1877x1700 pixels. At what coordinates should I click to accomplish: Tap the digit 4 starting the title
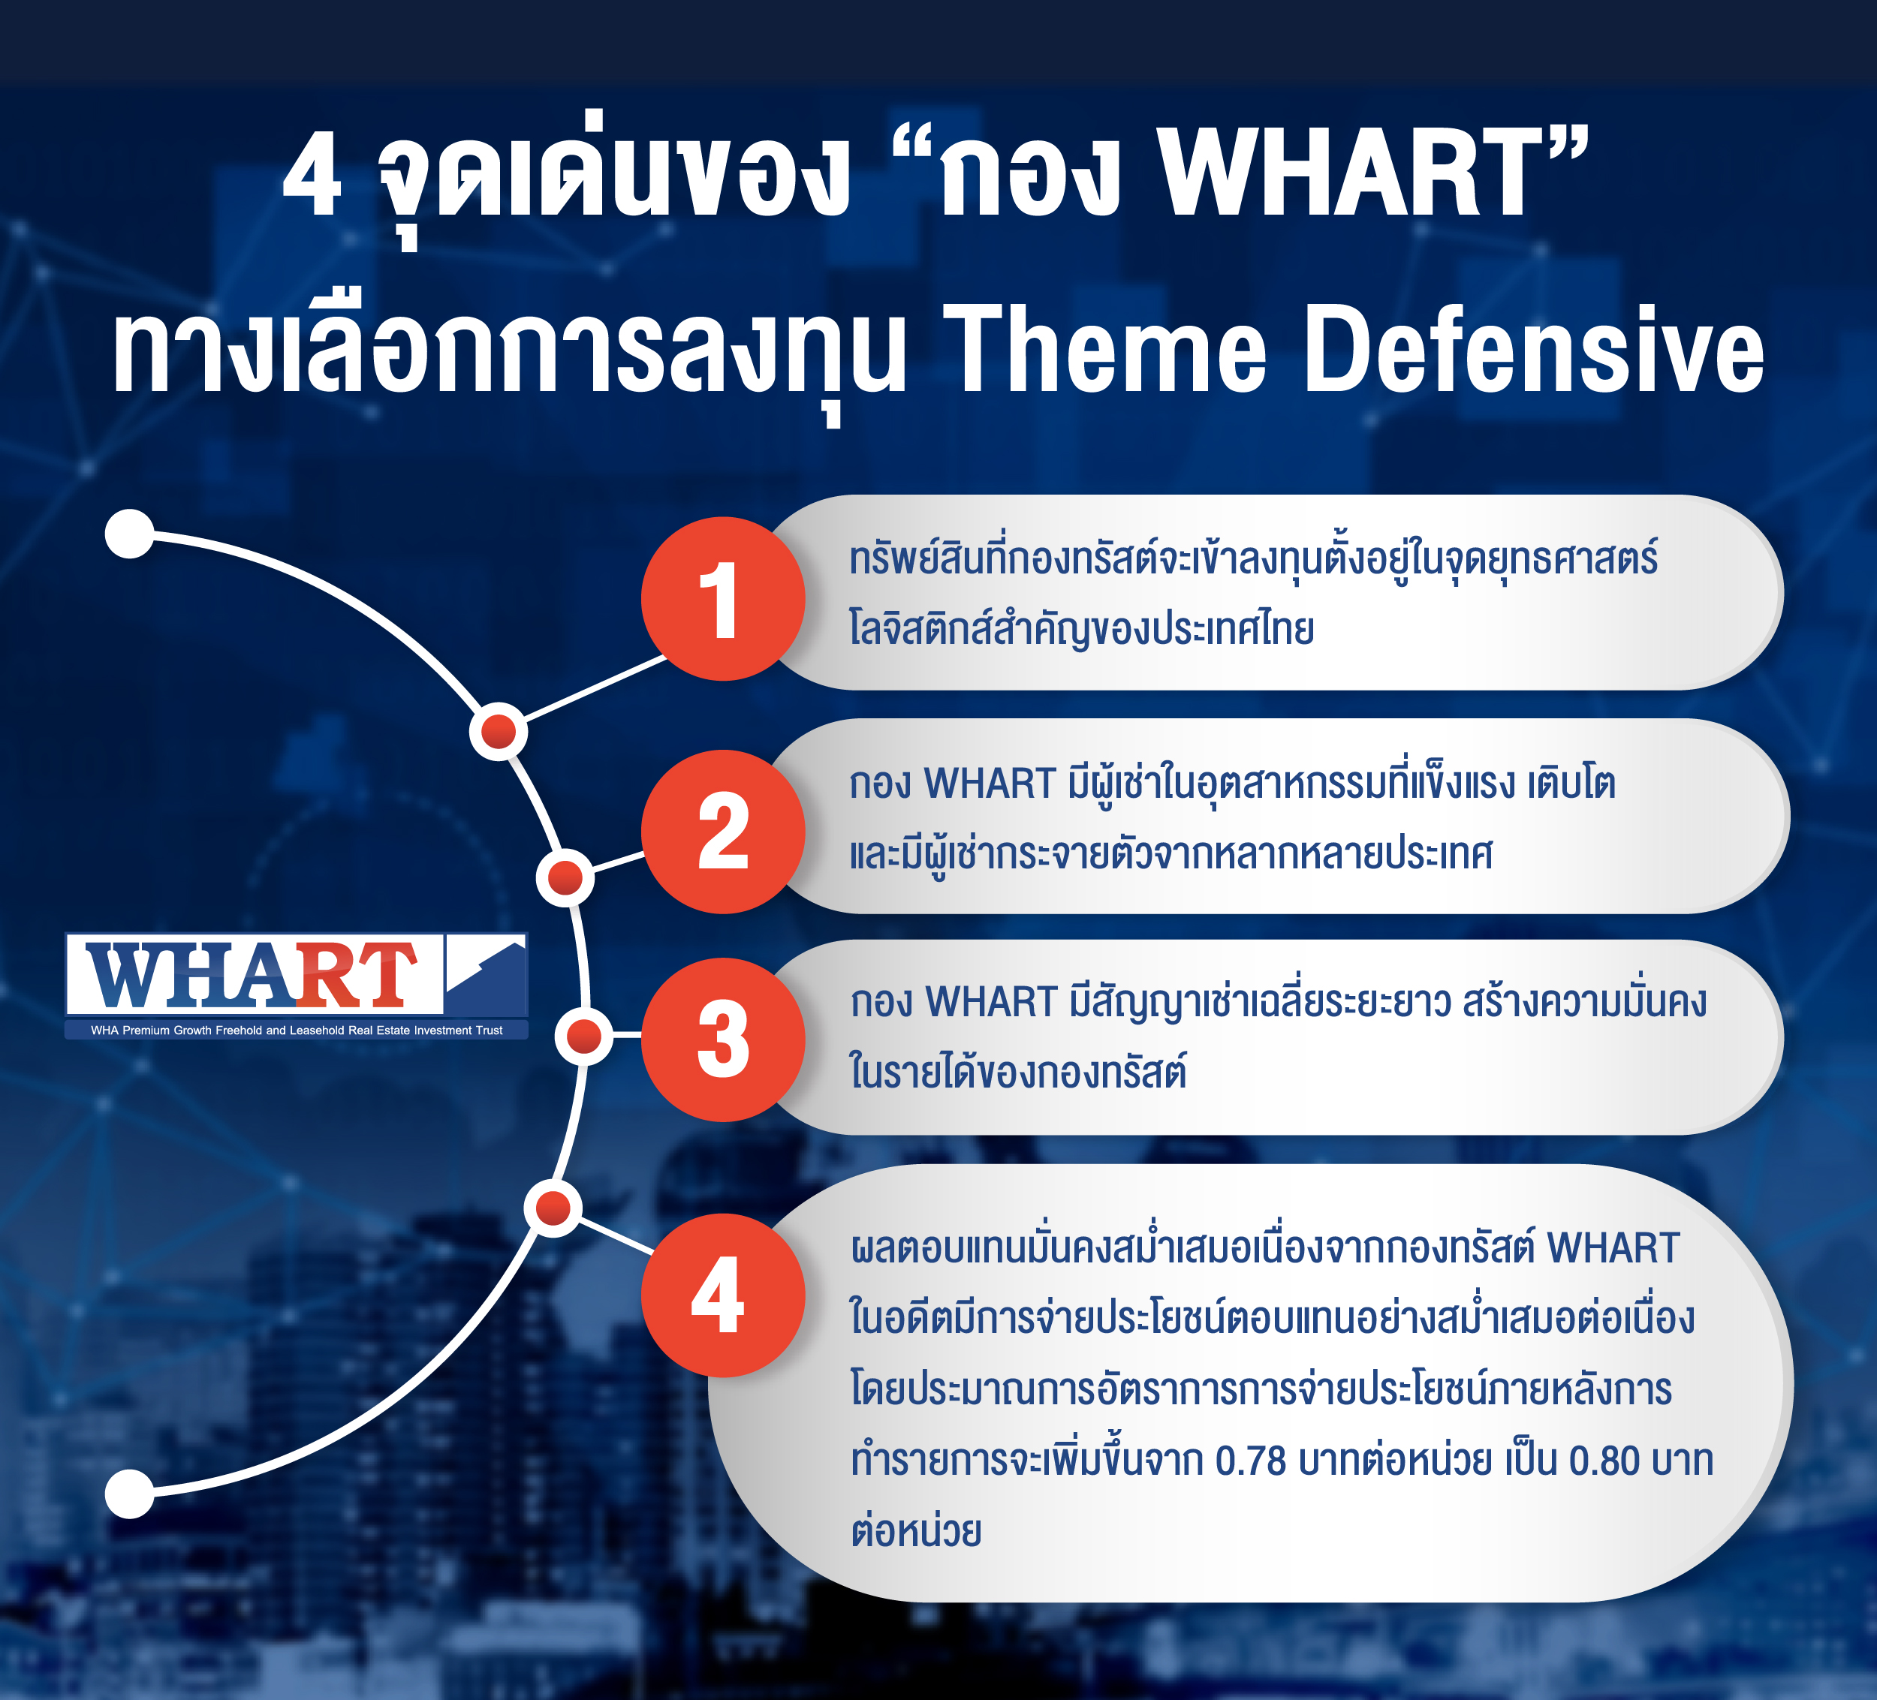[313, 174]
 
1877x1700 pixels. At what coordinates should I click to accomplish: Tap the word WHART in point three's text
[992, 1003]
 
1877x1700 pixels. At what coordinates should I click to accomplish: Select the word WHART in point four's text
[1613, 1248]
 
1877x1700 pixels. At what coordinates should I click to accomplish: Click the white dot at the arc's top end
[129, 534]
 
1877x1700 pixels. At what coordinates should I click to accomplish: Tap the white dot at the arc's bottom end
[129, 1494]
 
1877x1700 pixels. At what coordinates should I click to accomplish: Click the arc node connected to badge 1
[498, 732]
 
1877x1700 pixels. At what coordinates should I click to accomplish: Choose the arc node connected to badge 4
[553, 1208]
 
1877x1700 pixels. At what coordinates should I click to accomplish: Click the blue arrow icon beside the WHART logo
[486, 973]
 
